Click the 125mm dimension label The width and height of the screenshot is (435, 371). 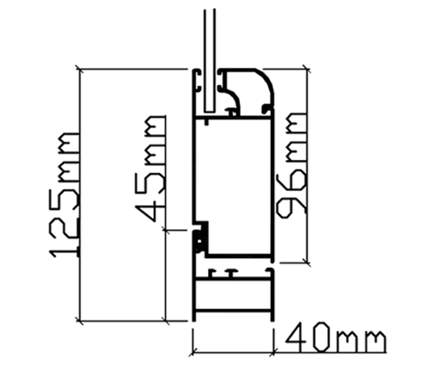64,195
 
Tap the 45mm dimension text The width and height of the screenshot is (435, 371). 150,168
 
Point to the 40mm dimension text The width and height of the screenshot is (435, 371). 336,337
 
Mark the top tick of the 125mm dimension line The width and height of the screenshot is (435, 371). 79,69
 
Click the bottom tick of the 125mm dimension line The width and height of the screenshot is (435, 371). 79,321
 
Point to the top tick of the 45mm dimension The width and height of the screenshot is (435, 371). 166,230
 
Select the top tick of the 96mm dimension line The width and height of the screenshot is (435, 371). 307,69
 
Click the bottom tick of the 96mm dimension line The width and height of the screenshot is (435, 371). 307,263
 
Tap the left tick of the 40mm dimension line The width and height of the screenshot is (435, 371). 193,351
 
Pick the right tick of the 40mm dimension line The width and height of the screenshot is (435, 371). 273,351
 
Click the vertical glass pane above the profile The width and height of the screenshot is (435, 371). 210,60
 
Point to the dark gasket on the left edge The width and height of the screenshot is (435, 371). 199,240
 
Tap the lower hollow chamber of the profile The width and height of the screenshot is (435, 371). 233,294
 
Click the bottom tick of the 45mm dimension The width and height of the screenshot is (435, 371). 166,321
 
